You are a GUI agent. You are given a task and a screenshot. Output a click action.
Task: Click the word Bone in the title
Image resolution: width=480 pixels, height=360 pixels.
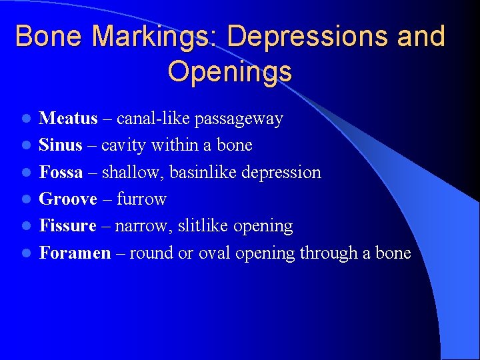(49, 36)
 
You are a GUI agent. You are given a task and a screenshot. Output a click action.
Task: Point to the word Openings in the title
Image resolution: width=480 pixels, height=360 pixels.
(230, 71)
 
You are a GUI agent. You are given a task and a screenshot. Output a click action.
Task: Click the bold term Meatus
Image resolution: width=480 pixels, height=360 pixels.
(68, 119)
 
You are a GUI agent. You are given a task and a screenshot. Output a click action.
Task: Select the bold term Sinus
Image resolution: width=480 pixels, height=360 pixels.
(61, 145)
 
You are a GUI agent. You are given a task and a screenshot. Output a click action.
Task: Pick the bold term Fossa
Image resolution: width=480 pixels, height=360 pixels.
(61, 172)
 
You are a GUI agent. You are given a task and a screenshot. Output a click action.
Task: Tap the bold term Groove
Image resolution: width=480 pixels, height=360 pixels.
(68, 199)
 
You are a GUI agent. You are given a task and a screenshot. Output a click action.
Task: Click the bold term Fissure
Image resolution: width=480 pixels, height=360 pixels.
(68, 225)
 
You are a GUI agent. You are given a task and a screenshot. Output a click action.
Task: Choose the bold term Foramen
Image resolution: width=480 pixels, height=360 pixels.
(75, 253)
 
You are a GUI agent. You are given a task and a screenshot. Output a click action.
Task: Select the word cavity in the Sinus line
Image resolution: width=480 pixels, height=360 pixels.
(124, 145)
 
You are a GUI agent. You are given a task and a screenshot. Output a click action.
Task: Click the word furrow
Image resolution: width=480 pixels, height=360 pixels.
(141, 199)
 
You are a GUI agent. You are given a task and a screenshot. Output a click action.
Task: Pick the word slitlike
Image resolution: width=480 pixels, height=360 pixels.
(201, 225)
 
